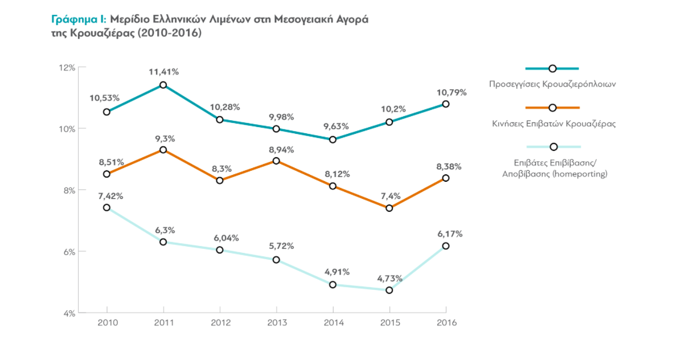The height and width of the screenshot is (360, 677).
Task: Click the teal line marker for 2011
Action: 163,85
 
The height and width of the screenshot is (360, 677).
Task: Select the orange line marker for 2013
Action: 276,161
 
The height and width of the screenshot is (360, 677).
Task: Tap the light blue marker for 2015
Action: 389,291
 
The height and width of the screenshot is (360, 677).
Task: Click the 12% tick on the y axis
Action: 68,67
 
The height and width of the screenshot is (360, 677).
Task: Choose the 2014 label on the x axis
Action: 333,322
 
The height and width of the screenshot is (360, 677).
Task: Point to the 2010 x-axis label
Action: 108,322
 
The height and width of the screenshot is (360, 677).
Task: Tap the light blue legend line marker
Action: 553,147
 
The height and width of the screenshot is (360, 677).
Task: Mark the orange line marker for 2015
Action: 389,208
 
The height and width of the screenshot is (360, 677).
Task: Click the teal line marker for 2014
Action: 333,140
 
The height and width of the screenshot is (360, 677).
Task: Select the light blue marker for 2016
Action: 446,246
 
